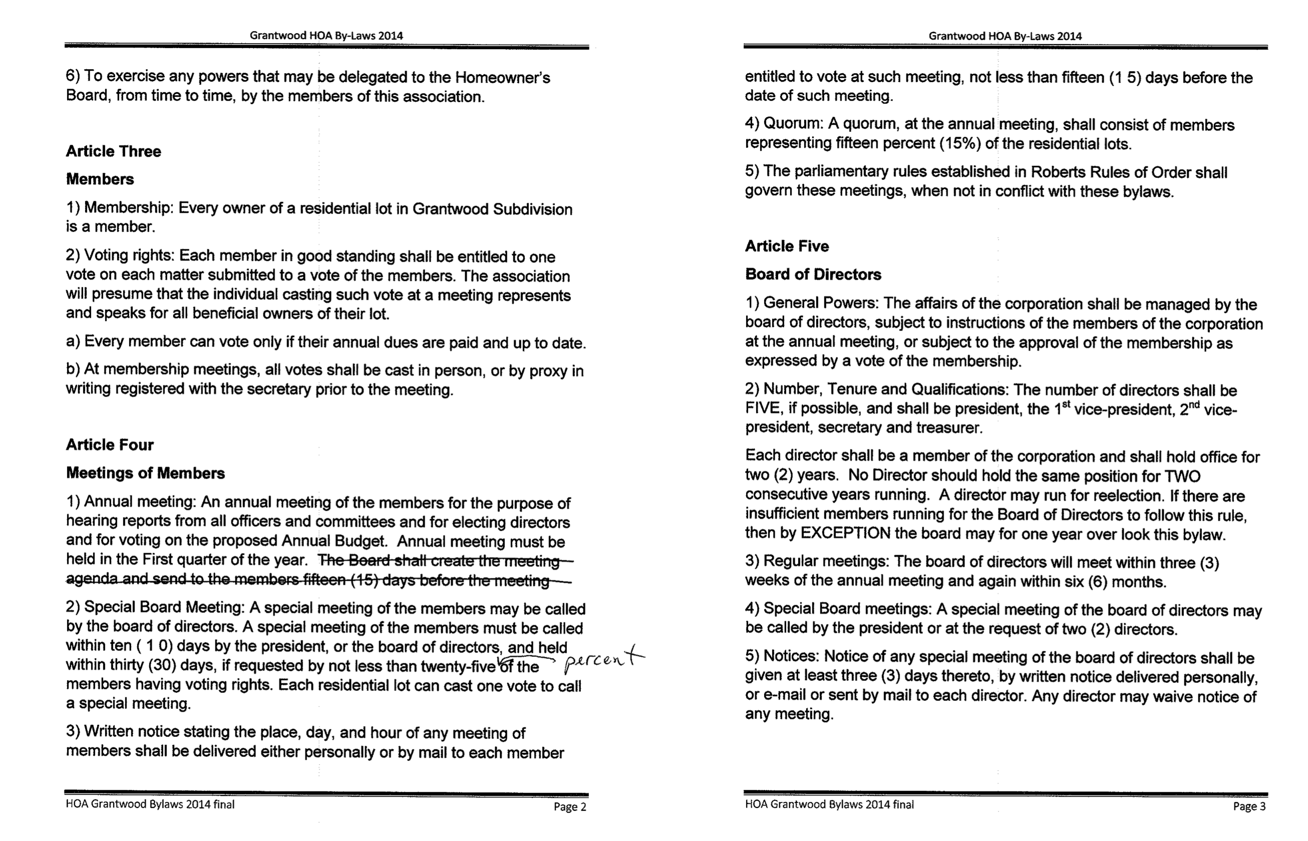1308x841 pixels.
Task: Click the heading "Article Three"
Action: pos(114,151)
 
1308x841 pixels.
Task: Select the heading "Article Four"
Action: pos(110,445)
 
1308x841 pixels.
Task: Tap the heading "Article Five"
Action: pos(786,246)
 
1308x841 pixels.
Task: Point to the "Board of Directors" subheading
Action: pos(813,274)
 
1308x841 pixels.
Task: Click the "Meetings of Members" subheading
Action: pos(145,473)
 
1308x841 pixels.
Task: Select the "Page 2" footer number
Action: pos(570,806)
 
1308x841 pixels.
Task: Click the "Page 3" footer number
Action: pos(1249,806)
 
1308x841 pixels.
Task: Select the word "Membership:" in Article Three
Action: pos(129,208)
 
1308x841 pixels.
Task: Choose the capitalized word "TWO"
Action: pos(1182,476)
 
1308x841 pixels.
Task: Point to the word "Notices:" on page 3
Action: pos(793,657)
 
